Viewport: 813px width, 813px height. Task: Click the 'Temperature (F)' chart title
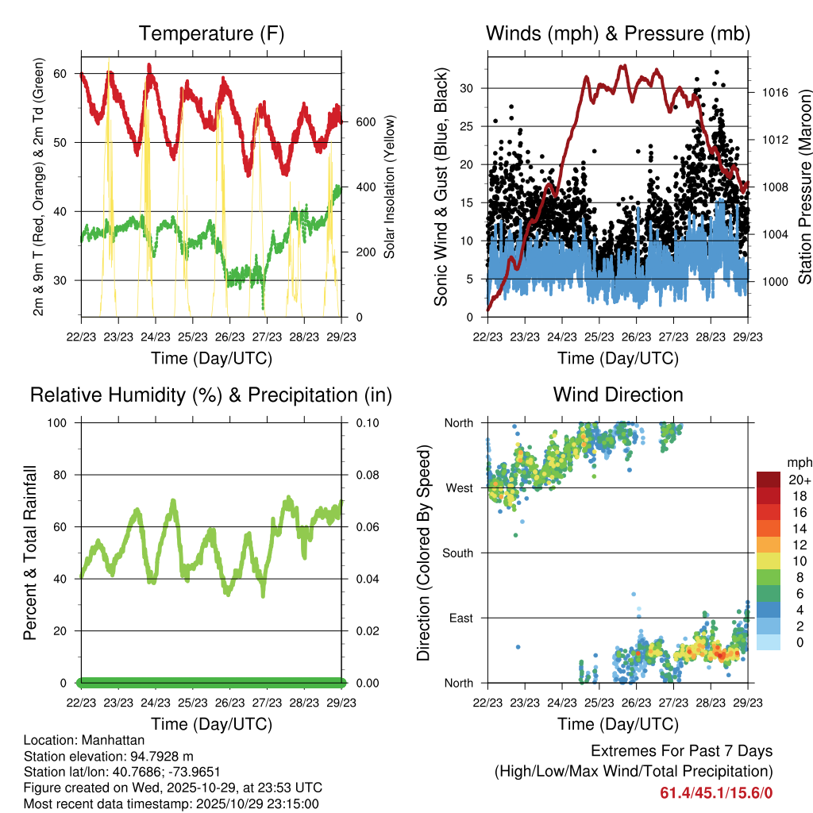(x=211, y=33)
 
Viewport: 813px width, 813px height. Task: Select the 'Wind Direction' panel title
(x=618, y=395)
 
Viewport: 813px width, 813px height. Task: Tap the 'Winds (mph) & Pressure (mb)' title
(x=618, y=33)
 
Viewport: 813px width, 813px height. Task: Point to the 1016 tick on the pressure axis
(x=773, y=92)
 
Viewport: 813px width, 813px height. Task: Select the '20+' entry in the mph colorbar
(x=798, y=480)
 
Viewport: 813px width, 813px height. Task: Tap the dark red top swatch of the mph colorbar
(x=769, y=480)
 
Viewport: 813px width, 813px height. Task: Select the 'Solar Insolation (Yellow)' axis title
(x=389, y=187)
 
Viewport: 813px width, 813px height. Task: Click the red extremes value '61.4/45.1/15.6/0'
(x=716, y=792)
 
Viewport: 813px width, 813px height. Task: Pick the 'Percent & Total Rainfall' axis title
(x=30, y=553)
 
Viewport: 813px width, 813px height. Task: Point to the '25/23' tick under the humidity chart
(x=192, y=703)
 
